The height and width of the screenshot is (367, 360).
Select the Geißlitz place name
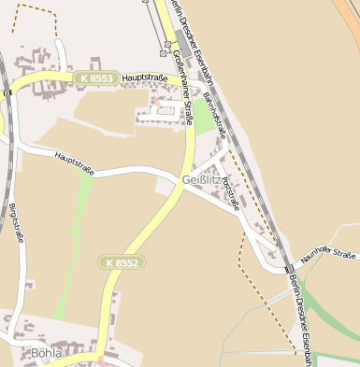click(202, 178)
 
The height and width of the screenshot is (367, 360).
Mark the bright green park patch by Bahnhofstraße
click(202, 118)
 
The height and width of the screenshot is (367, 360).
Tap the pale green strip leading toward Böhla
click(75, 243)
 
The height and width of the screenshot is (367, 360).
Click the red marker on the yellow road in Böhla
click(99, 358)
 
